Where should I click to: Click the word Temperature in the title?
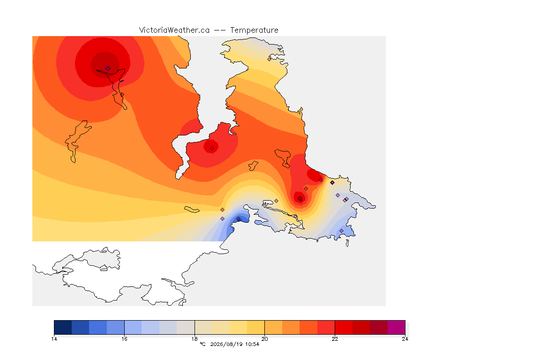254,30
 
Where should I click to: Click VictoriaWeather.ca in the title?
174,30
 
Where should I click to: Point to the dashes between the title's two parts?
220,30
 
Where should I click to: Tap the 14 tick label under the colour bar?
54,339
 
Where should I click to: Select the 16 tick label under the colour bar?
124,339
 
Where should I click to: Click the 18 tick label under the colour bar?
195,339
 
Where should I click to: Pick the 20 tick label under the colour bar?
264,339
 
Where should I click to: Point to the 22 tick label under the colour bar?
335,339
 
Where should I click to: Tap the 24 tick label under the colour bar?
405,339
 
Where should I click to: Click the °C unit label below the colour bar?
202,344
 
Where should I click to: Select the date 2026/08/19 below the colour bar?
226,344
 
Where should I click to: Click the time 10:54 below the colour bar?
252,344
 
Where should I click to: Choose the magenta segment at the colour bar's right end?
397,327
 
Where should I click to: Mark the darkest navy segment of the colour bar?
63,327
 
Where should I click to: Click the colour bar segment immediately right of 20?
273,327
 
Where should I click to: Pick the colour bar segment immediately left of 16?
115,327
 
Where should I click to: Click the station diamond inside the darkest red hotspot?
108,68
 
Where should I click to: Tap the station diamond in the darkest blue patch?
238,219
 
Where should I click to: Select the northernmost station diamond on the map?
270,59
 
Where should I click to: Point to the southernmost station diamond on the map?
341,231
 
